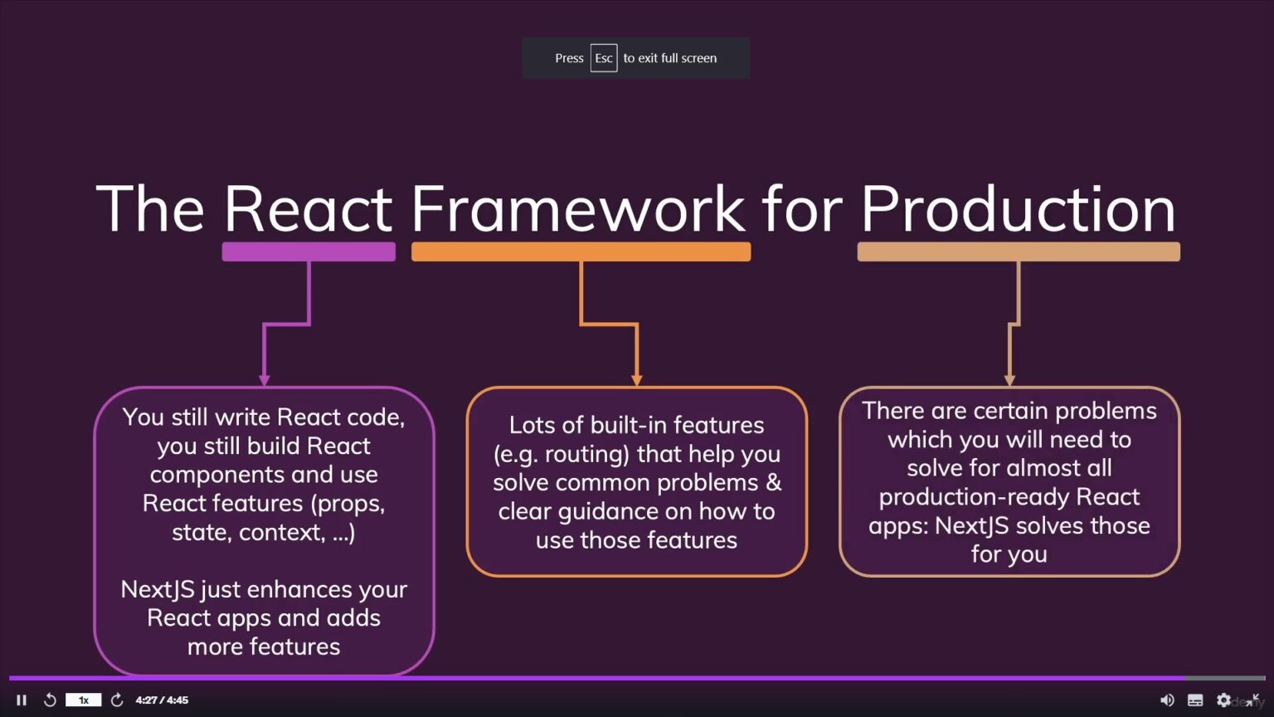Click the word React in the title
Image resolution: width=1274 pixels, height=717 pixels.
click(x=308, y=208)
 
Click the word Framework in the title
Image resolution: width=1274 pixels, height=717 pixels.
click(x=578, y=208)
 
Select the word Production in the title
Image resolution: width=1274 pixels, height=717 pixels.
click(x=1018, y=208)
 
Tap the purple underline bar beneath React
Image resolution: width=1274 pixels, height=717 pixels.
click(x=309, y=251)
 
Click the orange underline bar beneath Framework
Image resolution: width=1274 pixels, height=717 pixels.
click(x=581, y=251)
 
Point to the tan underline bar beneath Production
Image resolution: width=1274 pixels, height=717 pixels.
click(x=1018, y=251)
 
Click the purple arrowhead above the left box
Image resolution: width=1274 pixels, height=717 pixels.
click(x=265, y=379)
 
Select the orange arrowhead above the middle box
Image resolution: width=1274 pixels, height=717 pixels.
click(x=637, y=379)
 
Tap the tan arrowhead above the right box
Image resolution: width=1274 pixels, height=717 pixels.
click(x=1009, y=379)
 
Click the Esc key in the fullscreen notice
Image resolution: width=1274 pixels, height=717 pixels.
click(x=603, y=58)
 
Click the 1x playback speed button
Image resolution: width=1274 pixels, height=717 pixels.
click(x=83, y=700)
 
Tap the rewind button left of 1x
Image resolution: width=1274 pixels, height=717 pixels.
click(x=50, y=700)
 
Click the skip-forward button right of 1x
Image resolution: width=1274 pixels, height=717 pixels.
click(x=117, y=700)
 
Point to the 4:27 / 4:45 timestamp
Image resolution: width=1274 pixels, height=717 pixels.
click(x=162, y=700)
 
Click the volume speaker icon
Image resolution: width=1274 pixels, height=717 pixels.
click(x=1167, y=700)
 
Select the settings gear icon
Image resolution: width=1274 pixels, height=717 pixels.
click(x=1223, y=700)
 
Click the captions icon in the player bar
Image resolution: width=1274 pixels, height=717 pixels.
click(x=1195, y=700)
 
